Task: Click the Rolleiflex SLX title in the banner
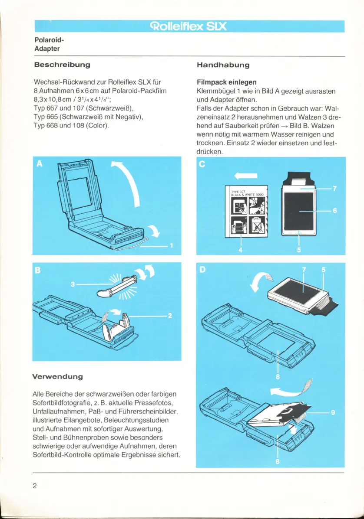(189, 26)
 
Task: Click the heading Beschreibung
(62, 65)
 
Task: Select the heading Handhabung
(223, 65)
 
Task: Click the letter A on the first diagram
(40, 163)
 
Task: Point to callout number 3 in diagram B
(73, 284)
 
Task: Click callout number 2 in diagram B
(170, 316)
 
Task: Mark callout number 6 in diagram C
(335, 211)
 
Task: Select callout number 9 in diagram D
(333, 413)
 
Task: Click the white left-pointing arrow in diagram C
(246, 176)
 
